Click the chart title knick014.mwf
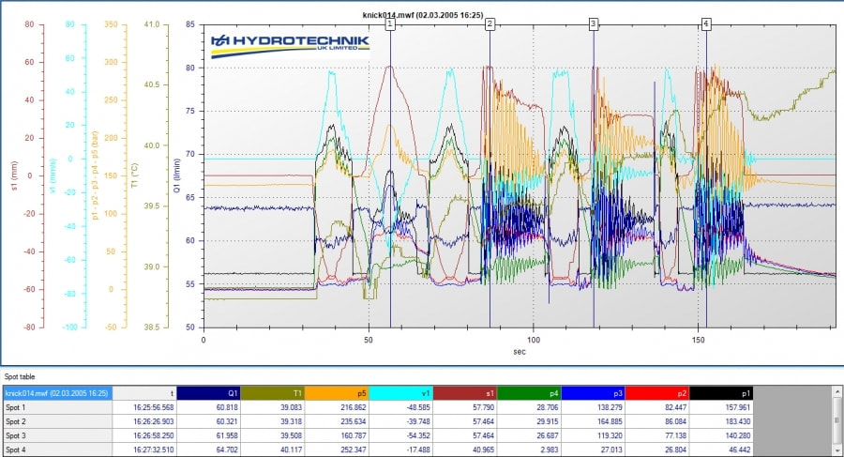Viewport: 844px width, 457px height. coord(423,15)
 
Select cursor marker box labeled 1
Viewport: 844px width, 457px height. coord(390,24)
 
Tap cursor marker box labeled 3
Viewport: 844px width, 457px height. coord(593,24)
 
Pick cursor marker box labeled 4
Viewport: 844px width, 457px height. coord(705,24)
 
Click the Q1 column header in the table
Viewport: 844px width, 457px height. coord(209,393)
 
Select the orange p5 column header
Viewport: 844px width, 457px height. coord(338,393)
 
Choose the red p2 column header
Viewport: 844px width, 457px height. coord(657,393)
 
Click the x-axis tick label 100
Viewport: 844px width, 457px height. coord(533,339)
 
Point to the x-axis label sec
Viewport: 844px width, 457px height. coord(519,352)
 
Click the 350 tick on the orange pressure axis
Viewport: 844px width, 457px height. coord(111,24)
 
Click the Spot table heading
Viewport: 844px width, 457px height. coord(21,376)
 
